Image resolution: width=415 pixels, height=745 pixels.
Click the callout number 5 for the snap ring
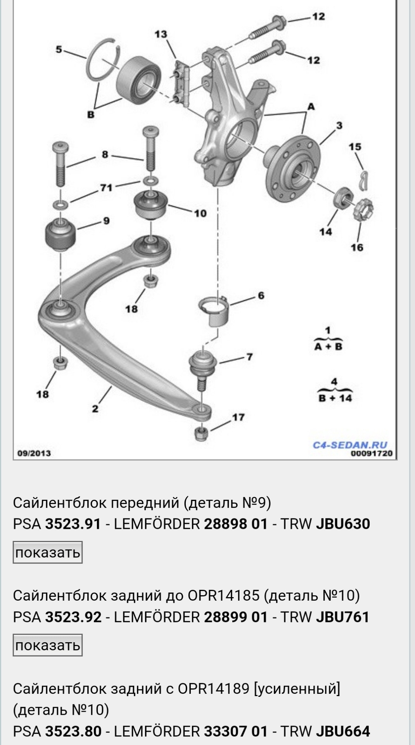(59, 50)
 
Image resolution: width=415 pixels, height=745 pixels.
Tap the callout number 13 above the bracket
(161, 34)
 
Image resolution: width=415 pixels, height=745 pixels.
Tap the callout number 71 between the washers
(106, 188)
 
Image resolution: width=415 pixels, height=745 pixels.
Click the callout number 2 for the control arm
(95, 409)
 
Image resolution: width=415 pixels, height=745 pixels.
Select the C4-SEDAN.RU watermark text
(350, 445)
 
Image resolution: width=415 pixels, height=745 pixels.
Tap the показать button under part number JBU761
(48, 645)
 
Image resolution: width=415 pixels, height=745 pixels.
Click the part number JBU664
(343, 731)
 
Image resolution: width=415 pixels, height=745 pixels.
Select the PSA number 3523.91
(73, 524)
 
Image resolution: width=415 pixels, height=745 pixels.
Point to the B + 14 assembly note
(335, 398)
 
